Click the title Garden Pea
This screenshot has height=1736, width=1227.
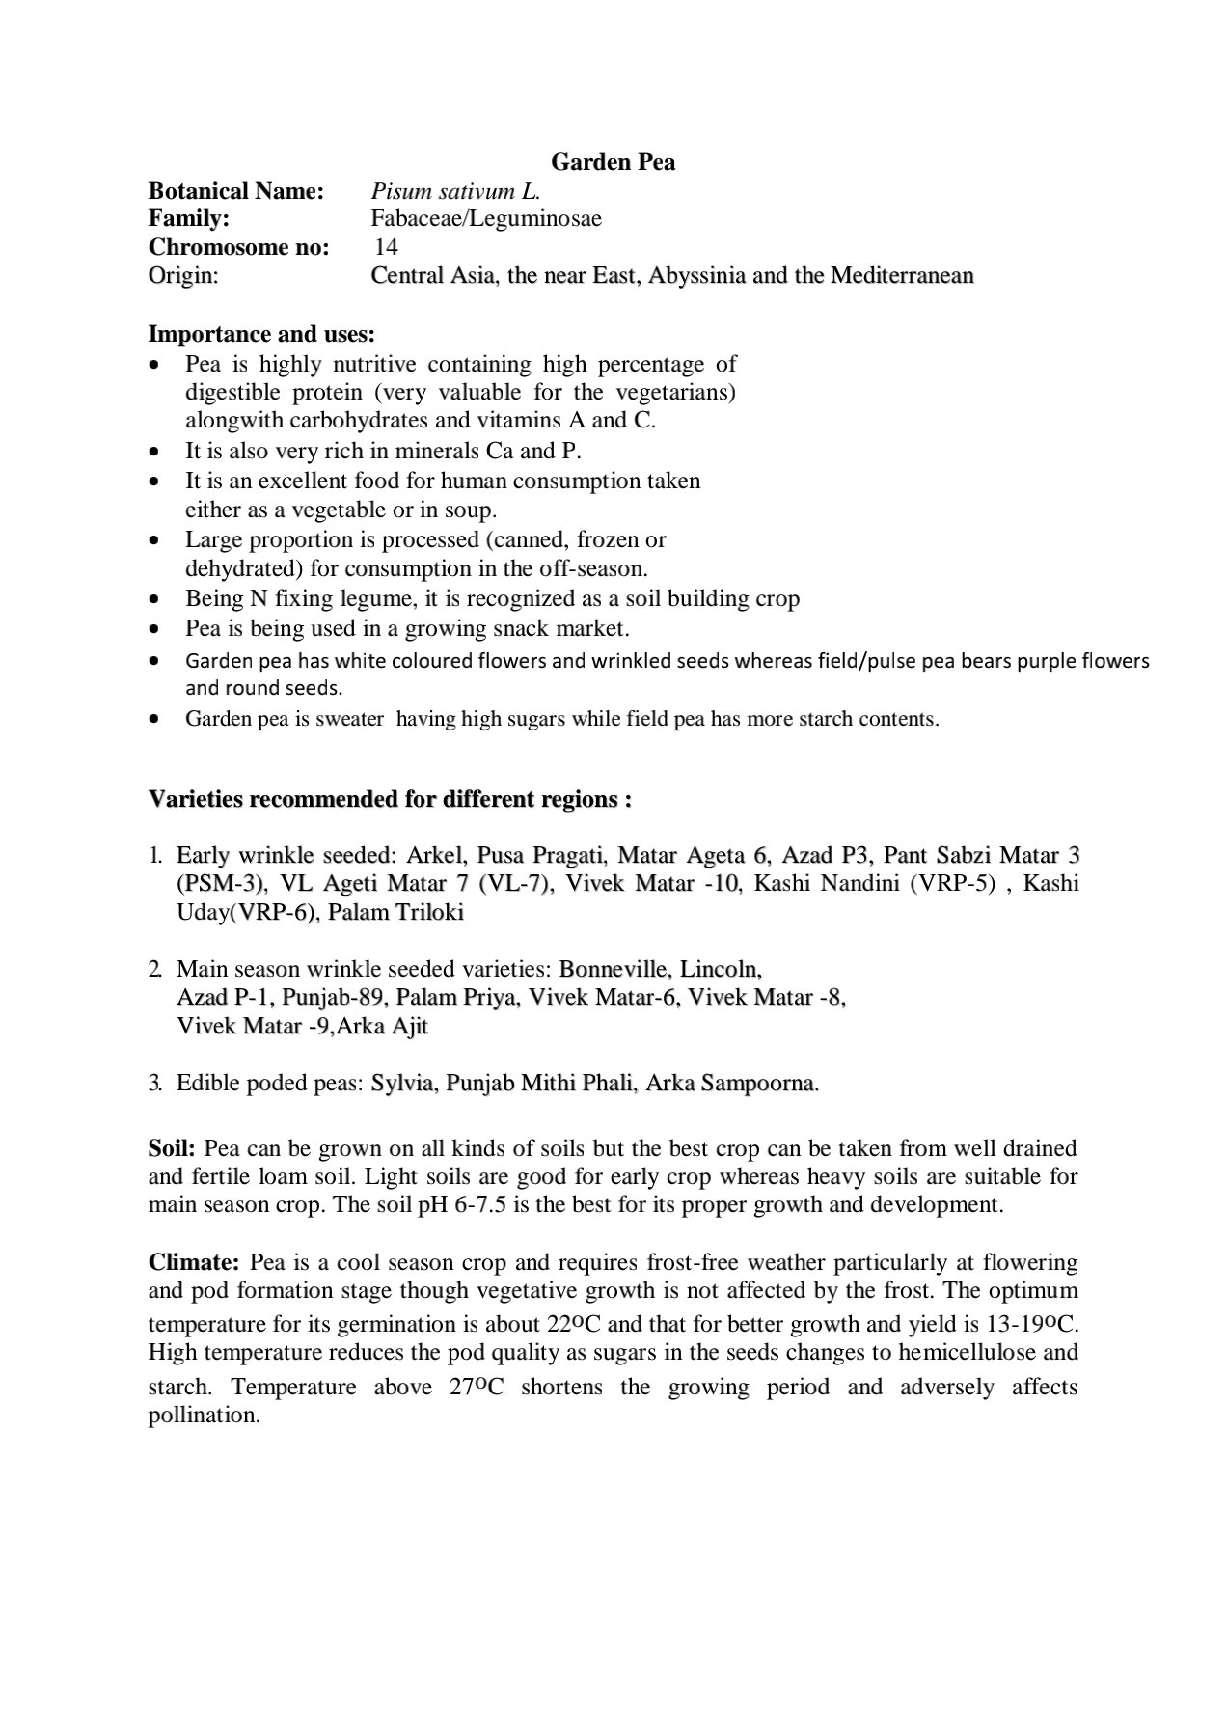pyautogui.click(x=613, y=162)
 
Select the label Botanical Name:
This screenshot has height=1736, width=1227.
pyautogui.click(x=236, y=191)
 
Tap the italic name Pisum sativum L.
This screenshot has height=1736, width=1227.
pyautogui.click(x=455, y=191)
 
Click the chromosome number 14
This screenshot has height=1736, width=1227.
pyautogui.click(x=386, y=247)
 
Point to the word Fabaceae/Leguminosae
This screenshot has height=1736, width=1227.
pyautogui.click(x=486, y=219)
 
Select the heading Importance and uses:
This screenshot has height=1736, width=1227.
pyautogui.click(x=261, y=334)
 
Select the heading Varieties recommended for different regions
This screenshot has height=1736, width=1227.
pyautogui.click(x=390, y=800)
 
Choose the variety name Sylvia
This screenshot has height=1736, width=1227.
pyautogui.click(x=403, y=1083)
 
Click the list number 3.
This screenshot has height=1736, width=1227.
pyautogui.click(x=154, y=1083)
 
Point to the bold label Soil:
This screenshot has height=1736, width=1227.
pyautogui.click(x=173, y=1148)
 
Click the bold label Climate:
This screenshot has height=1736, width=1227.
pyautogui.click(x=194, y=1262)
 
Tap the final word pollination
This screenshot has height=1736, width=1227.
pyautogui.click(x=204, y=1417)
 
